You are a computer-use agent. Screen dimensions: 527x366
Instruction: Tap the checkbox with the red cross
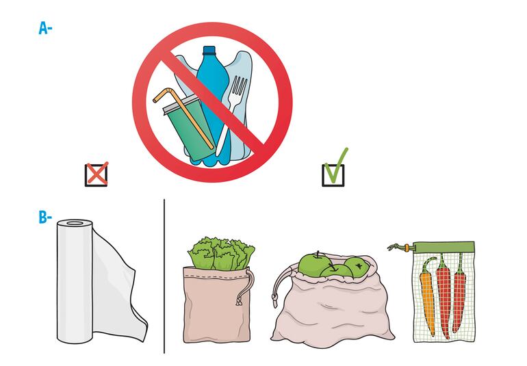tap(97, 174)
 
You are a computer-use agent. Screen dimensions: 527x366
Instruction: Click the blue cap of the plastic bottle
tap(209, 51)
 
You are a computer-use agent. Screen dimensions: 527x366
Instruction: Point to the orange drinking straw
tap(183, 117)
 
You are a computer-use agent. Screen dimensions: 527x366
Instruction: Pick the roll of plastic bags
tap(101, 283)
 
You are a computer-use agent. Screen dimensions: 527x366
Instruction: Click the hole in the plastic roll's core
tap(75, 223)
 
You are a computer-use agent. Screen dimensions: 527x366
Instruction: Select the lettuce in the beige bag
tap(221, 254)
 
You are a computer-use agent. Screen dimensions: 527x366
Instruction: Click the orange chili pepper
tap(428, 296)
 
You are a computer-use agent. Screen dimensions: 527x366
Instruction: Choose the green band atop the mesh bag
tap(444, 248)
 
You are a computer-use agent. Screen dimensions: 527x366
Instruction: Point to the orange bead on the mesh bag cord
tap(407, 248)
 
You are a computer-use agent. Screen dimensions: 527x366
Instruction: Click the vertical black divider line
tap(164, 276)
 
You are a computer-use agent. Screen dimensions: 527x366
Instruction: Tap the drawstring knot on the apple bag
tap(274, 299)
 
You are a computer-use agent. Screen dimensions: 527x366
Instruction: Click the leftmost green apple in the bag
tap(313, 262)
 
